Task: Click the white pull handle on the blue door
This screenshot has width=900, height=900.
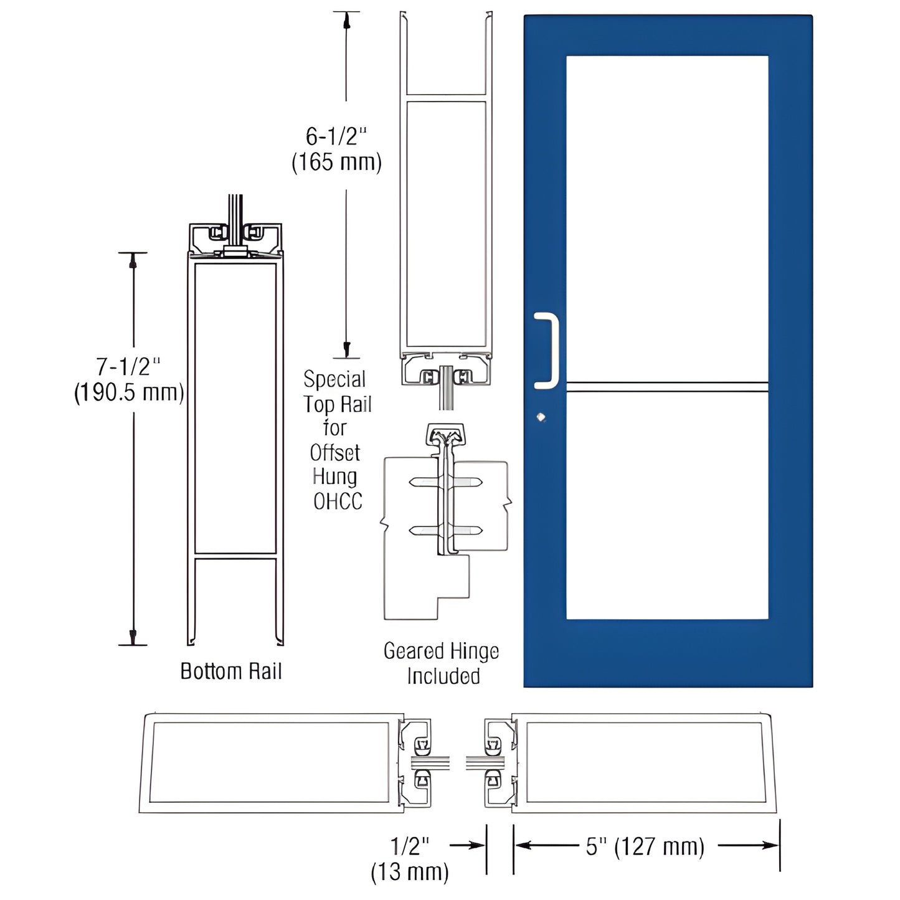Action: pos(548,351)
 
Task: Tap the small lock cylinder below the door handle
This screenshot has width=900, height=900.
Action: pos(541,417)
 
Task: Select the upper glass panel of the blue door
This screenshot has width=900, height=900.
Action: pos(666,218)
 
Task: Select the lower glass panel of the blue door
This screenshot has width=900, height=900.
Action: pos(666,504)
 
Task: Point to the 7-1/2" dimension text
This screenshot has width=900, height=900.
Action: pos(128,367)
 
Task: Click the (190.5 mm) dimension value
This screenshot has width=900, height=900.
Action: pos(129,393)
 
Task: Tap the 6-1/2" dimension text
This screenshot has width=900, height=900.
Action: pos(336,136)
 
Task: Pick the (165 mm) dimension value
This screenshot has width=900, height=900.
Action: pos(336,162)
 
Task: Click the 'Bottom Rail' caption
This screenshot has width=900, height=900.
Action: pos(231,671)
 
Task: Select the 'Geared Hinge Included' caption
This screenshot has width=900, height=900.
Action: pos(442,664)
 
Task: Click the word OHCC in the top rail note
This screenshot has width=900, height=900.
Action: pos(338,501)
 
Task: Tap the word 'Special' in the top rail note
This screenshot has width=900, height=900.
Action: pos(334,379)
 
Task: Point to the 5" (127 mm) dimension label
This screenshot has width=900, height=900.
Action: pos(645,846)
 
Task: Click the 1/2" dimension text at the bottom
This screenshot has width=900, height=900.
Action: pos(410,846)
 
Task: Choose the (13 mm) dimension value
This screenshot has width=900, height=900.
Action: pos(410,872)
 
